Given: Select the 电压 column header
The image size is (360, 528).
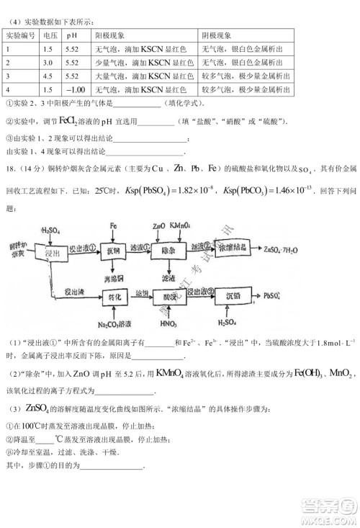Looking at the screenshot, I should [50, 35].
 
